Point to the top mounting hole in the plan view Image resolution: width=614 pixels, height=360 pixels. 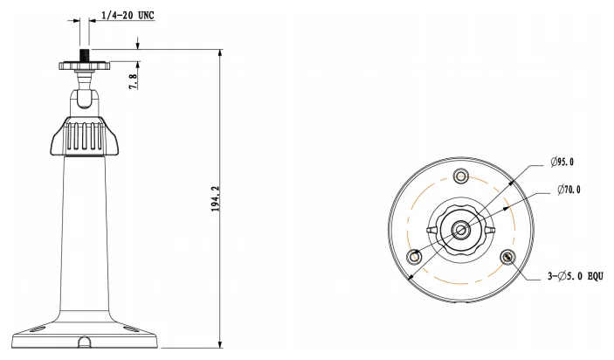tap(462, 176)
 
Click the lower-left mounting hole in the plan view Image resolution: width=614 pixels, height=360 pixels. tap(415, 257)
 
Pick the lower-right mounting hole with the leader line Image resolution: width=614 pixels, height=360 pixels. tap(508, 257)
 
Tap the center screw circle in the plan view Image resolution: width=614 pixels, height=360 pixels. tap(462, 230)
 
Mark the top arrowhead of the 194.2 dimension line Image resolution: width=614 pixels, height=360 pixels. tap(218, 53)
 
